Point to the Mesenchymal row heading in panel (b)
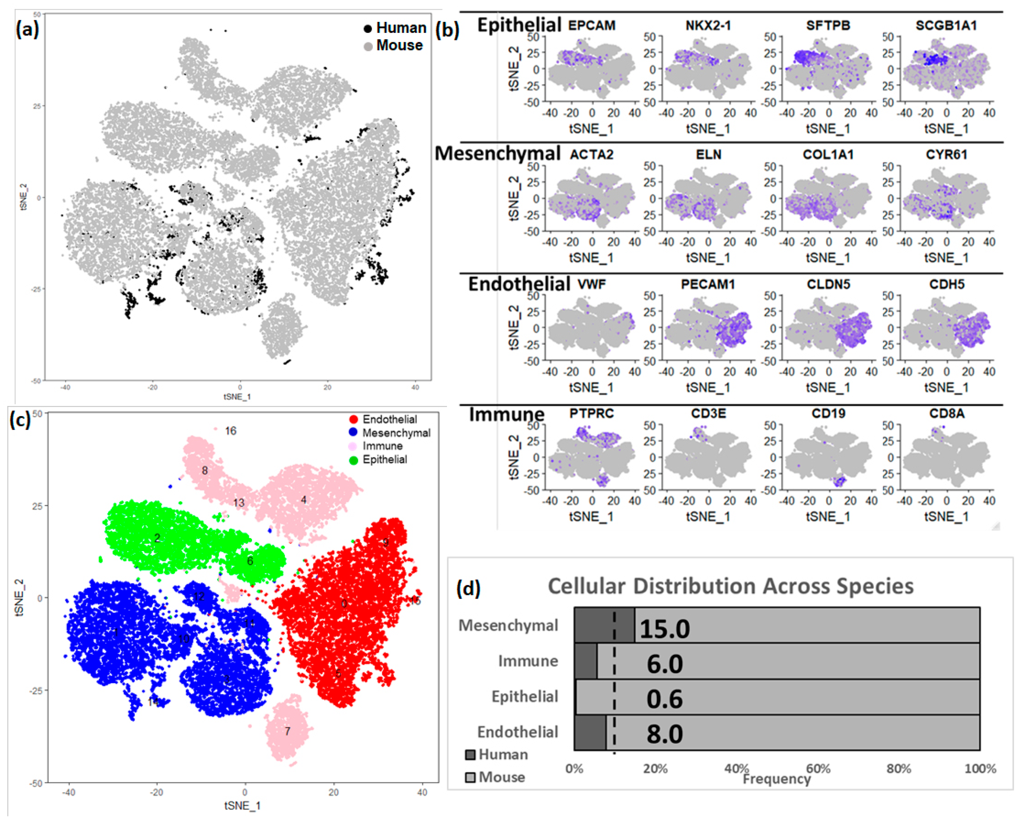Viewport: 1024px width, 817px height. tap(497, 153)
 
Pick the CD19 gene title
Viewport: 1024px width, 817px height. tap(828, 413)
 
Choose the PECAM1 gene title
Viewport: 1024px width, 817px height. tap(708, 284)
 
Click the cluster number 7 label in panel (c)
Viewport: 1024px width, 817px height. tap(287, 731)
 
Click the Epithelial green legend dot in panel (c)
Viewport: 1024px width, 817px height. tap(353, 460)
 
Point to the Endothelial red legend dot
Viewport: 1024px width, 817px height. tap(353, 419)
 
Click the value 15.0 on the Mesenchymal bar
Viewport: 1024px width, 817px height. tap(664, 629)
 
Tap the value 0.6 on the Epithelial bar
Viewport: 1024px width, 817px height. tap(664, 699)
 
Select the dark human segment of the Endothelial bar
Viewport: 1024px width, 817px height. tap(590, 734)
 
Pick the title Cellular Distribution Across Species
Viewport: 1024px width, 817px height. tap(731, 586)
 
